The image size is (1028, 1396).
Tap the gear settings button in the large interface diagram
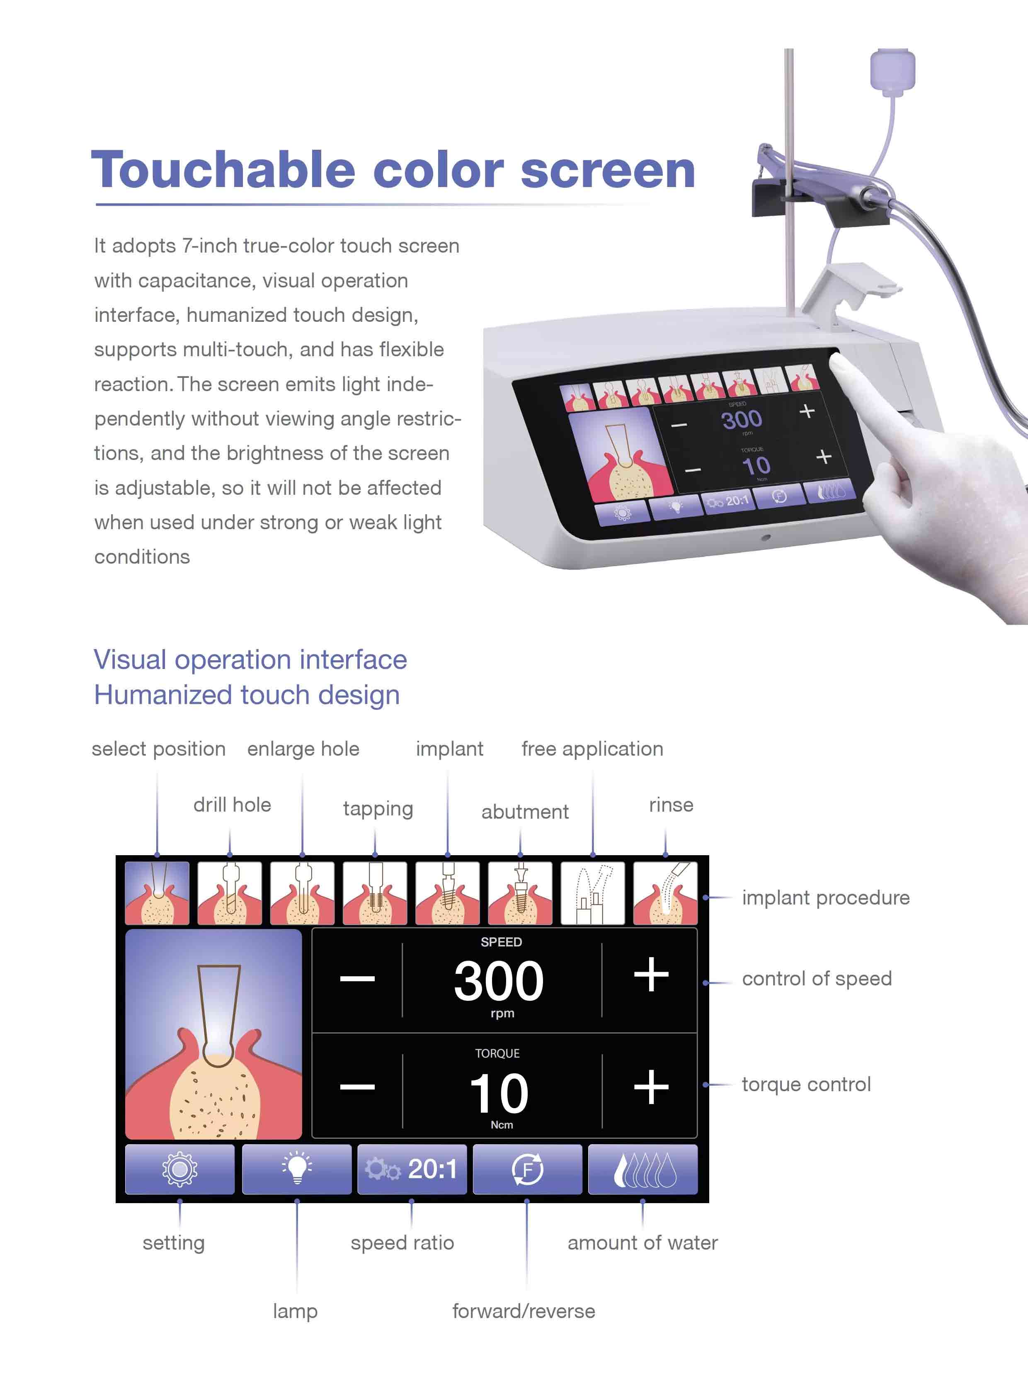[180, 1169]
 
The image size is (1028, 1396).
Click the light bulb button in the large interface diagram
[296, 1169]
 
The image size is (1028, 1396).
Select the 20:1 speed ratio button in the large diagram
[412, 1169]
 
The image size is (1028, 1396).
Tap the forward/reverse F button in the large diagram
[528, 1169]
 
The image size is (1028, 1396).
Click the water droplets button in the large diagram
[643, 1169]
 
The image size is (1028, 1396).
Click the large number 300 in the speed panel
[499, 981]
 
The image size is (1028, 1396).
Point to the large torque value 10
[499, 1093]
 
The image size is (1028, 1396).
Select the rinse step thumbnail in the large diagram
[665, 893]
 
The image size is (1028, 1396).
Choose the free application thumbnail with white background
[592, 893]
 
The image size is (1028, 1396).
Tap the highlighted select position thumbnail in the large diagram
[157, 893]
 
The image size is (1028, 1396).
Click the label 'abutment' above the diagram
[525, 812]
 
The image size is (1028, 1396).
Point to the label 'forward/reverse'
[524, 1311]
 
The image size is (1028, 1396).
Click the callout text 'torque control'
[807, 1084]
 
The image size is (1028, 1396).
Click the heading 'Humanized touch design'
[247, 695]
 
